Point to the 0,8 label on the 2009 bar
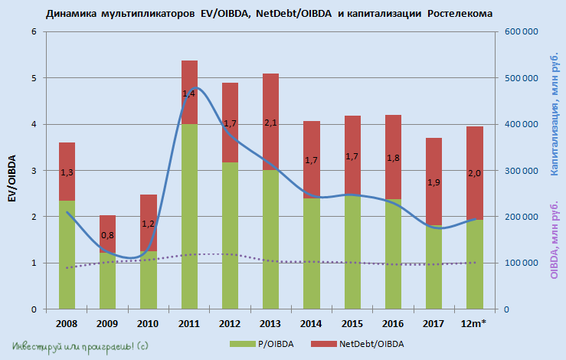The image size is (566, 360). (x=108, y=235)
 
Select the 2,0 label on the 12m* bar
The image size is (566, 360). (x=474, y=174)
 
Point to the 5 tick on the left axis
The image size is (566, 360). (x=34, y=77)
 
